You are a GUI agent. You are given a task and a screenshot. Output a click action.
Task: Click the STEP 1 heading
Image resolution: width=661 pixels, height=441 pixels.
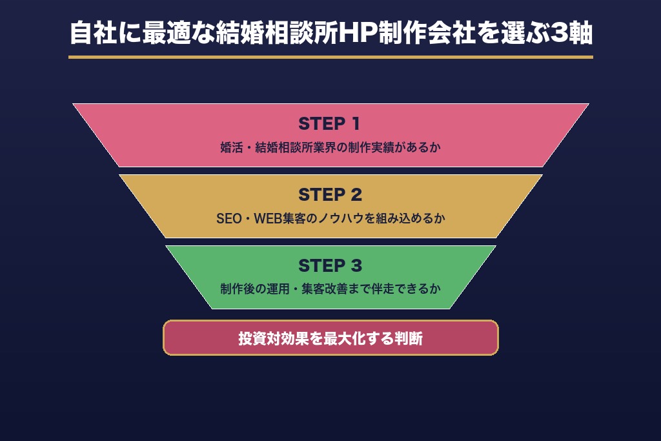point(329,124)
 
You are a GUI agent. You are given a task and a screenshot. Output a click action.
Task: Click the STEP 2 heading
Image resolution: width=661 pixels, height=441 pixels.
point(330,195)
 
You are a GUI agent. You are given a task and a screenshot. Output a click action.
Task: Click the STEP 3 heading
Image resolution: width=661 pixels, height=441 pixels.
point(330,265)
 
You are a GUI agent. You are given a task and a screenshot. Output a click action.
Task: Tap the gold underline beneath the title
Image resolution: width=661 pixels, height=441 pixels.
point(330,57)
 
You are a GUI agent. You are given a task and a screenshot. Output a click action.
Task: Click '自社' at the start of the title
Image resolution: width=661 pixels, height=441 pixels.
point(93,33)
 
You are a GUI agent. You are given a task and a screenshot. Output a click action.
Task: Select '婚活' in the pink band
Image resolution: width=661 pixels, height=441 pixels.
point(232,148)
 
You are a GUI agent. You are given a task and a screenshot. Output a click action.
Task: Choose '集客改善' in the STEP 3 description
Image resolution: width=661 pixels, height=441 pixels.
point(325,289)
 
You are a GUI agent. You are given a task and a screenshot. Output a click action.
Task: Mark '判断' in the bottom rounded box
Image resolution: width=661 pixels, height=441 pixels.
point(409,338)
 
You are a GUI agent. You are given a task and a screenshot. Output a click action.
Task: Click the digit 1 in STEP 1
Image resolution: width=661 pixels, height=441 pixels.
point(356,124)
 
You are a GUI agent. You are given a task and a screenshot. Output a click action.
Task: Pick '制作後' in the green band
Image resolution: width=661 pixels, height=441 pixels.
point(238,289)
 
